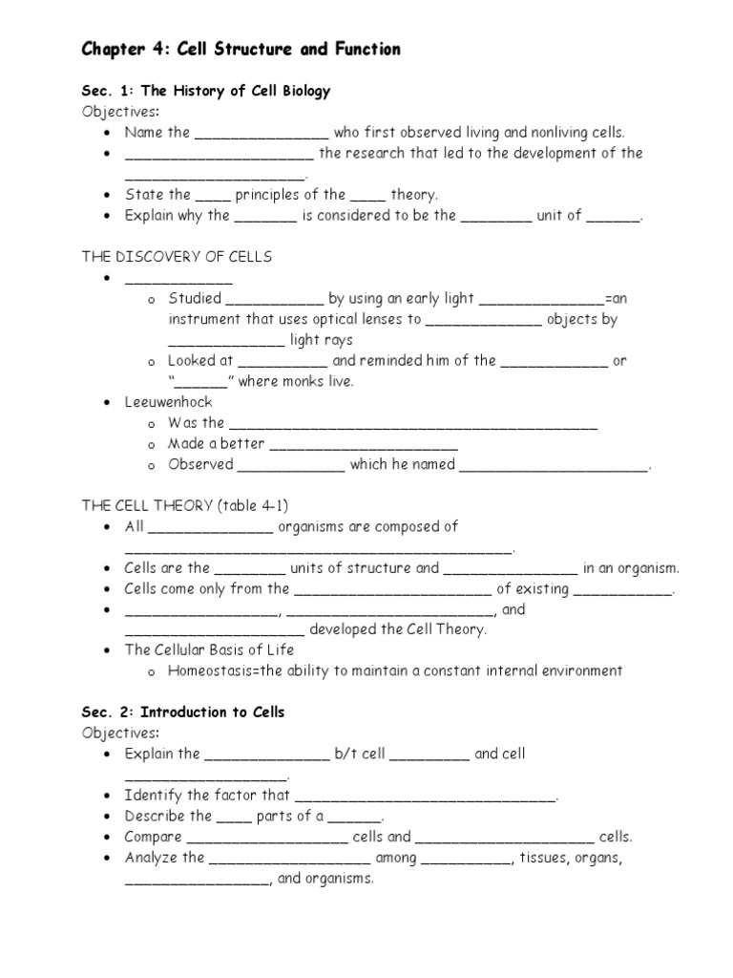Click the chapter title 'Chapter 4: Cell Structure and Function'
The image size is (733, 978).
pyautogui.click(x=240, y=50)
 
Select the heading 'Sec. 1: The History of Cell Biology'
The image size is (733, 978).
pyautogui.click(x=205, y=91)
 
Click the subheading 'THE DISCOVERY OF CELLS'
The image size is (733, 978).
pyautogui.click(x=177, y=256)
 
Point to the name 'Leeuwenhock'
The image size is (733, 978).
pyautogui.click(x=168, y=402)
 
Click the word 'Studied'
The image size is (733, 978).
pyautogui.click(x=194, y=298)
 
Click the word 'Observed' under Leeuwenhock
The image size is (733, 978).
pyautogui.click(x=200, y=464)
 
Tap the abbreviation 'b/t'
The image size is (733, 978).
pyautogui.click(x=345, y=754)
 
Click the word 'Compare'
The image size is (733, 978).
pyautogui.click(x=153, y=837)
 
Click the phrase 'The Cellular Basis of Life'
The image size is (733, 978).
pyautogui.click(x=209, y=649)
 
